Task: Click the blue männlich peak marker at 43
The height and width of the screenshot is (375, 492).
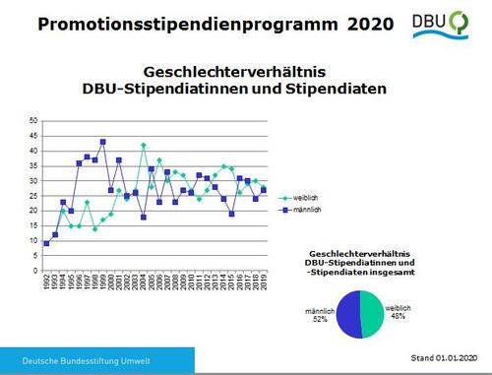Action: tap(103, 142)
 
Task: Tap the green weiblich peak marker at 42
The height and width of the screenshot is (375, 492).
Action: tap(144, 145)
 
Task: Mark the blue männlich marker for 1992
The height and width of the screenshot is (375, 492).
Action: tap(46, 243)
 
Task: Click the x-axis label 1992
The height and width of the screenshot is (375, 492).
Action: tap(46, 282)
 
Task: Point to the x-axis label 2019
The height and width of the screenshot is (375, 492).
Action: tap(264, 282)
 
